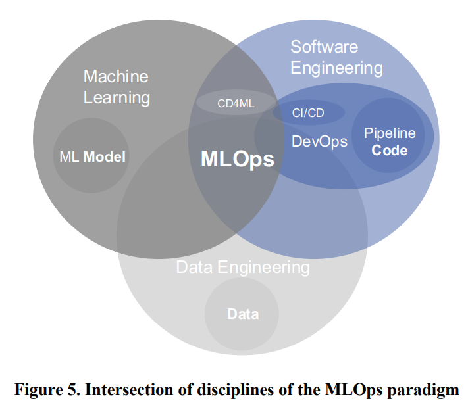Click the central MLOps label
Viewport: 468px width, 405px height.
click(237, 158)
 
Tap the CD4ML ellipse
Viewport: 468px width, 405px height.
click(226, 103)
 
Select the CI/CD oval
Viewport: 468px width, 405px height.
click(308, 112)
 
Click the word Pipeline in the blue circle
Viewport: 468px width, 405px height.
click(390, 133)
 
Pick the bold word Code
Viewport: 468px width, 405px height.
click(390, 150)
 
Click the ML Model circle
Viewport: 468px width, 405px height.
click(91, 156)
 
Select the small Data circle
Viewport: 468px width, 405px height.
click(242, 314)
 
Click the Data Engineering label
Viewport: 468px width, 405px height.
click(243, 268)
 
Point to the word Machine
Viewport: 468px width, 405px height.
click(116, 76)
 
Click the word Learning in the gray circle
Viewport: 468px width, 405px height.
click(117, 98)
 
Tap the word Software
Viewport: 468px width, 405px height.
click(324, 47)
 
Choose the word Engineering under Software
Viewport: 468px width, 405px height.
click(336, 68)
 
